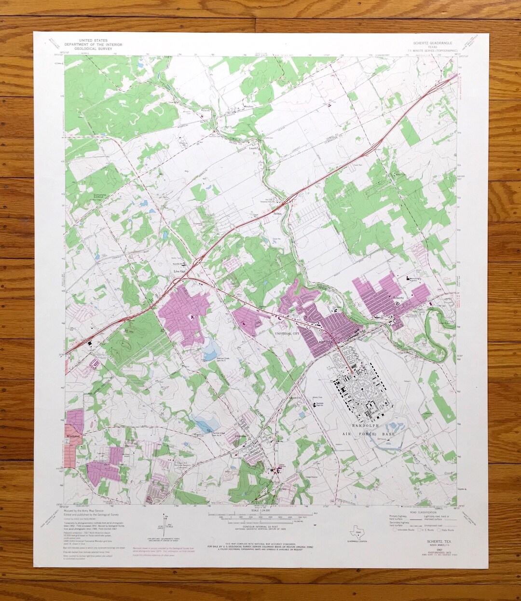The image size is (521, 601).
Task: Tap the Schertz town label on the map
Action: [x=398, y=298]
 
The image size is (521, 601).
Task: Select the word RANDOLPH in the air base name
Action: [x=366, y=427]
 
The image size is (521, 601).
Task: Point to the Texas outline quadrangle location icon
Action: [x=356, y=533]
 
